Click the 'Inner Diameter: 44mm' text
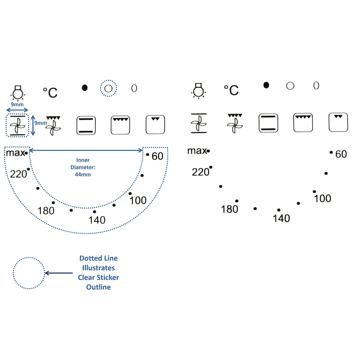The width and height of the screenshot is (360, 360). (x=83, y=167)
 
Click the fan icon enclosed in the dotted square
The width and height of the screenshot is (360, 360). (x=17, y=125)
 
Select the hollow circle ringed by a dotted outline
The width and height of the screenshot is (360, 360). (x=108, y=88)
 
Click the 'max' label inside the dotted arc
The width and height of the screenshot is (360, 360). (x=15, y=153)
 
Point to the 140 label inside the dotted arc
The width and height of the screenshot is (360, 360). (x=97, y=220)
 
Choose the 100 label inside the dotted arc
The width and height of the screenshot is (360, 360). (x=138, y=200)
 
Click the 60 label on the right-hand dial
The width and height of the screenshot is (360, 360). (x=341, y=154)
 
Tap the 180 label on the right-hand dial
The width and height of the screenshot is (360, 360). (x=230, y=209)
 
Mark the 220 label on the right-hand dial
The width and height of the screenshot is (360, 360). (x=200, y=172)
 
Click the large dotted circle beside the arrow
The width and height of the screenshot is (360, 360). (x=29, y=273)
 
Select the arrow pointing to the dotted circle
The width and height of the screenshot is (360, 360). (x=59, y=273)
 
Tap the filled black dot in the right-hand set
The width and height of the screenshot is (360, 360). (x=266, y=85)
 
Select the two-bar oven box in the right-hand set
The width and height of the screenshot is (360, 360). (x=268, y=123)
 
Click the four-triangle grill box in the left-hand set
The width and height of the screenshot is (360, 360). (x=120, y=125)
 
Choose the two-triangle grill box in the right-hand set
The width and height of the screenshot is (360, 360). (x=338, y=122)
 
